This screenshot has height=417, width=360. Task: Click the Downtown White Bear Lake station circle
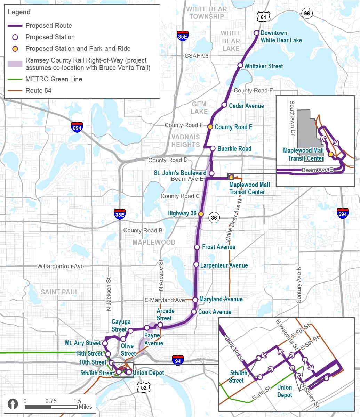(x=256, y=33)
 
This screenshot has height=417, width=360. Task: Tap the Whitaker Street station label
(x=264, y=66)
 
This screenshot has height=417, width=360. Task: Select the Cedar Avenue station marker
(x=224, y=105)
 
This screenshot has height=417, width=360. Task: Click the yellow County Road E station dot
(x=210, y=126)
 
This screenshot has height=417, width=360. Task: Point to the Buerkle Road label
(x=234, y=148)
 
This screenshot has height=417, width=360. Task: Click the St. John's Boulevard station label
(x=181, y=173)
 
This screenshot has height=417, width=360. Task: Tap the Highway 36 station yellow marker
(x=201, y=214)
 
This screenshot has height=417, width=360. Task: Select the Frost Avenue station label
(x=219, y=247)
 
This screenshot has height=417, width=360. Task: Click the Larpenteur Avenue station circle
(x=196, y=265)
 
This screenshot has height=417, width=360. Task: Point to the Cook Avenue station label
(x=215, y=312)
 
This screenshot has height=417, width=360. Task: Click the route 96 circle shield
(x=306, y=14)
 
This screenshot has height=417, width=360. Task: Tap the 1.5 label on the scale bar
(x=77, y=401)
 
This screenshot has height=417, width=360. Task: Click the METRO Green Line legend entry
(x=54, y=79)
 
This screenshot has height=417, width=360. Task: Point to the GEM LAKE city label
(x=199, y=108)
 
